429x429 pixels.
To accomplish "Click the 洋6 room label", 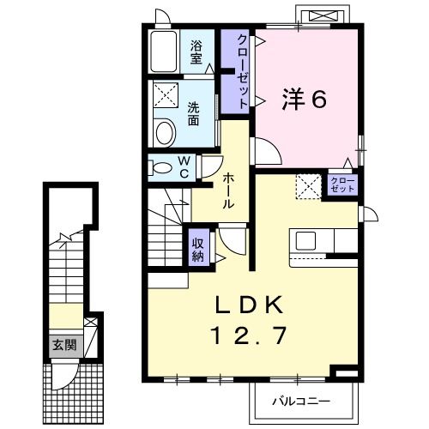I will tap(305, 100).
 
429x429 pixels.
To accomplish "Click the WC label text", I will tap(184, 167).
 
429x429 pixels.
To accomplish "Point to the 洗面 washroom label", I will tap(194, 114).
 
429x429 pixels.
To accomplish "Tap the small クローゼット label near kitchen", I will tap(341, 184).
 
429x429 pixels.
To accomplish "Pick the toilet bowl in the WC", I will tap(158, 168).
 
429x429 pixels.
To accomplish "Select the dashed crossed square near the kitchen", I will tap(307, 185).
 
